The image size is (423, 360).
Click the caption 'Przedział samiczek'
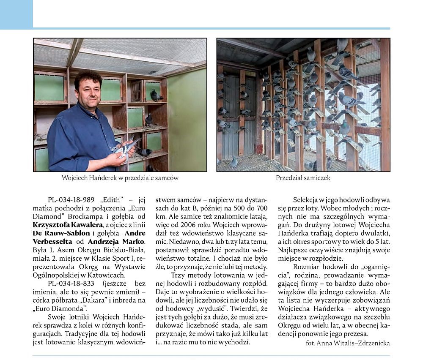point(303,178)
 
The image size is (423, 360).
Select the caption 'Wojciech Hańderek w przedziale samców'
point(120,178)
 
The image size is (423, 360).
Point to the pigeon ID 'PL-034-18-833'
point(71,283)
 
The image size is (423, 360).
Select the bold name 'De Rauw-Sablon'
point(61,233)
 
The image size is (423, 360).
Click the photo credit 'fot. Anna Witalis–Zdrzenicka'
point(348,343)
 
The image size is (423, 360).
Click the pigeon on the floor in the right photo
point(233,162)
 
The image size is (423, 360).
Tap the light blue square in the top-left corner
point(16,14)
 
